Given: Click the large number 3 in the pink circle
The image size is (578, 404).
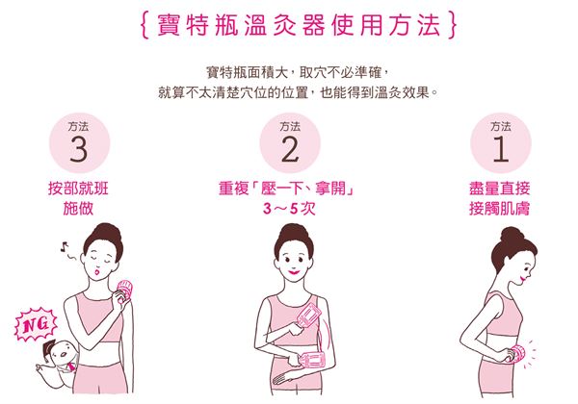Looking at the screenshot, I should (x=77, y=150).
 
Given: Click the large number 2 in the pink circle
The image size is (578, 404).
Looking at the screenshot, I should (x=290, y=150).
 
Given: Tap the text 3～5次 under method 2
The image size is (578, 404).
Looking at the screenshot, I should (x=289, y=209).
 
